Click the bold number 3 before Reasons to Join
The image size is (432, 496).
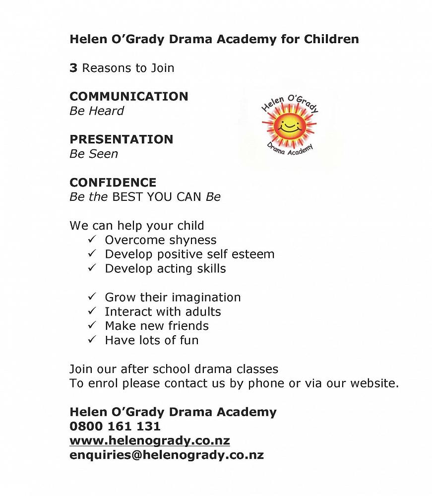(73, 68)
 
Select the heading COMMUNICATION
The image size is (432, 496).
(128, 96)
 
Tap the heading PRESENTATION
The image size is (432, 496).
(121, 139)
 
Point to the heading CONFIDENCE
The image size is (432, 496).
(113, 183)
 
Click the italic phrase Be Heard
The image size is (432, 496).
(97, 111)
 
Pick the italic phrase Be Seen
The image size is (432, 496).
(94, 154)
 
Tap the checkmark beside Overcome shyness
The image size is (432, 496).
(92, 240)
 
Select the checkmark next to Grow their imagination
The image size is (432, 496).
(92, 297)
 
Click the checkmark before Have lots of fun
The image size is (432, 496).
(92, 340)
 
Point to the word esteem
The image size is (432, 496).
(252, 254)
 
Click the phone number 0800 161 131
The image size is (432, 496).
(115, 427)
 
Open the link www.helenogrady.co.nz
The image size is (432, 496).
(149, 441)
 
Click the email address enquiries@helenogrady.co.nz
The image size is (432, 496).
(166, 455)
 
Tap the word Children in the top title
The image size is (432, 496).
(334, 39)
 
